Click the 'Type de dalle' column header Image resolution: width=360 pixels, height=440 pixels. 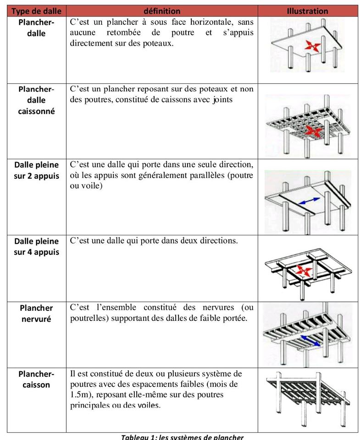[x=36, y=11]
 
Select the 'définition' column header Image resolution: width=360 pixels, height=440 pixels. [x=162, y=11]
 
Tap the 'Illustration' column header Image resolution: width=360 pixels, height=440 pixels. [x=307, y=11]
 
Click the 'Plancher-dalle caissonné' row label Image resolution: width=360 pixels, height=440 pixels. [x=36, y=100]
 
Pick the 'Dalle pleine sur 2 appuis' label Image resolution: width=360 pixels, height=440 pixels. [x=36, y=170]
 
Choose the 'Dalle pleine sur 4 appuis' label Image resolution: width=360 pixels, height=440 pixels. [x=36, y=247]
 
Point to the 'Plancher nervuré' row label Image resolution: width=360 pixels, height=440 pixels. [x=37, y=313]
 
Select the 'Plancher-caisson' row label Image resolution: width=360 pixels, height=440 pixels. [x=36, y=379]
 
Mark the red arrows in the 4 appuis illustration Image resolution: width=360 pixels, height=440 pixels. [x=304, y=271]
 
